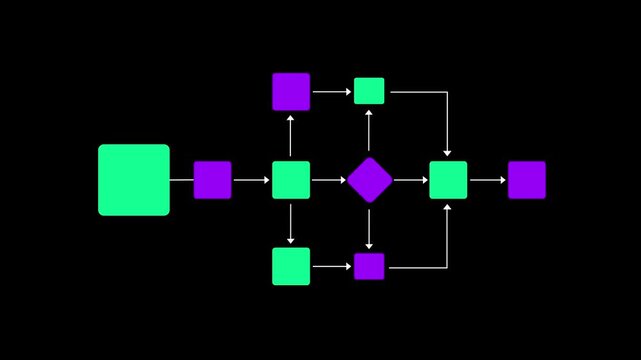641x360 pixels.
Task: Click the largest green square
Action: [x=134, y=180]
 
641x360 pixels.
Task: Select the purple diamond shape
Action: [x=369, y=180]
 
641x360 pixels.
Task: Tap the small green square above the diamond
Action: [x=369, y=91]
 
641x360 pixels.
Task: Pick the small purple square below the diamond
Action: [x=369, y=266]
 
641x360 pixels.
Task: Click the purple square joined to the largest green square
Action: [x=212, y=180]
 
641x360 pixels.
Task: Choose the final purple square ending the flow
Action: [x=526, y=180]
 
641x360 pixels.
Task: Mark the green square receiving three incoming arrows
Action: [x=448, y=180]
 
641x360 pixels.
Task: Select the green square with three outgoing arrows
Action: [x=291, y=180]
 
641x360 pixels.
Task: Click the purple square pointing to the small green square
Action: [x=291, y=91]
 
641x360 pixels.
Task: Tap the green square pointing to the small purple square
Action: [x=291, y=266]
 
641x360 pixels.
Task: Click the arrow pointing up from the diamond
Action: [x=369, y=131]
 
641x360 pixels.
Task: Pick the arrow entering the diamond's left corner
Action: [x=328, y=180]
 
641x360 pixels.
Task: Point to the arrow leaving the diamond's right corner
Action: [x=410, y=180]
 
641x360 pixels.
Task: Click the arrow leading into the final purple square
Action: [x=488, y=180]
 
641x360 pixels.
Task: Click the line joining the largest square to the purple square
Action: [x=181, y=180]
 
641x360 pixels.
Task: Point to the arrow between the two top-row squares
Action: [x=332, y=91]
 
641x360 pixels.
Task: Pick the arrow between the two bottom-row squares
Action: [x=332, y=266]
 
